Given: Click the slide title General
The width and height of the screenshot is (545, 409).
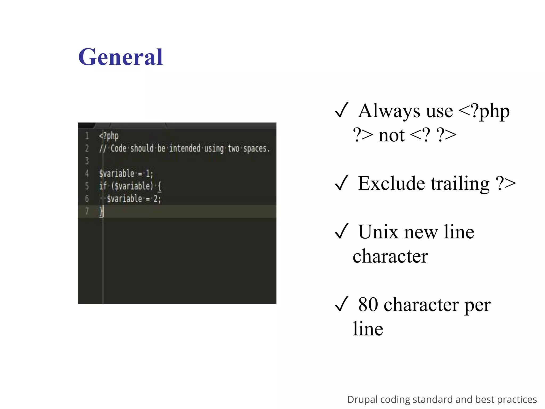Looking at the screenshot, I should pyautogui.click(x=120, y=57).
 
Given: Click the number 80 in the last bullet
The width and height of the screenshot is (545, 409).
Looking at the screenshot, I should pyautogui.click(x=368, y=304).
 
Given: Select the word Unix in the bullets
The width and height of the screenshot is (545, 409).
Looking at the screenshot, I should pyautogui.click(x=378, y=232).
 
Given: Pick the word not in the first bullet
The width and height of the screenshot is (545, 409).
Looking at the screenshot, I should pyautogui.click(x=391, y=135).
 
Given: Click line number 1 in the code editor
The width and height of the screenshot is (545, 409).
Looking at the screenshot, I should pyautogui.click(x=87, y=136).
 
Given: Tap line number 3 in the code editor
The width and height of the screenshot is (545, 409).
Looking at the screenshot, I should pyautogui.click(x=87, y=161).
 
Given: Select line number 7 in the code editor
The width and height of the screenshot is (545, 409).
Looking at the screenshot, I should pyautogui.click(x=87, y=211).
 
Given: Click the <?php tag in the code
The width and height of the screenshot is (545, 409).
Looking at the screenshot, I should pyautogui.click(x=109, y=136).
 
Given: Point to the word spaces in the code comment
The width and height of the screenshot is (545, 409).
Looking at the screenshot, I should pyautogui.click(x=255, y=149).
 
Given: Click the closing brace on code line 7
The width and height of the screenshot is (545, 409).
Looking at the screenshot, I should pyautogui.click(x=101, y=211).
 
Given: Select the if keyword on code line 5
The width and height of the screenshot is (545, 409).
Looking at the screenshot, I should pyautogui.click(x=103, y=186).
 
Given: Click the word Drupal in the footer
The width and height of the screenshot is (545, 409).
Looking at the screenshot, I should pyautogui.click(x=362, y=399).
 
